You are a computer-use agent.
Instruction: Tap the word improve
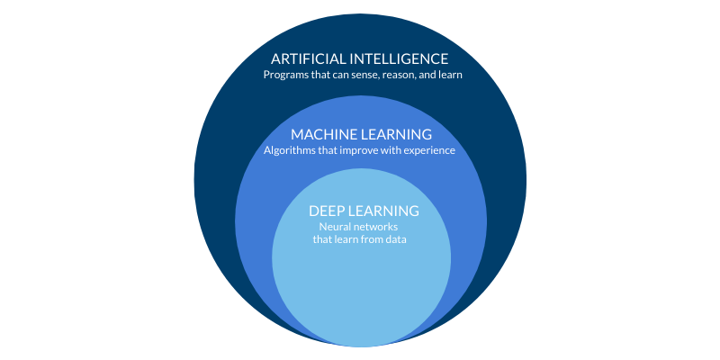363,150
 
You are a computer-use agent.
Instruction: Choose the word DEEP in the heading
327,211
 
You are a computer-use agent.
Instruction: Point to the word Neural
336,227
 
